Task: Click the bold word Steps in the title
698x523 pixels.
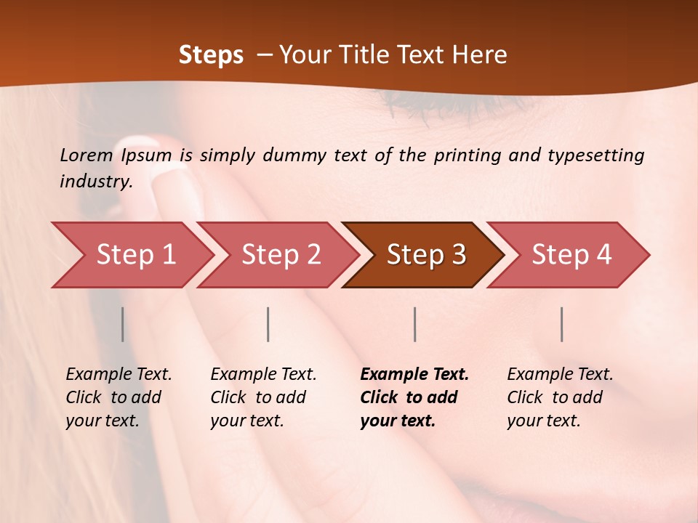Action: pos(211,55)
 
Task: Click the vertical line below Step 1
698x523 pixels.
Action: pos(123,324)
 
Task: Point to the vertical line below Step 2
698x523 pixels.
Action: pos(268,324)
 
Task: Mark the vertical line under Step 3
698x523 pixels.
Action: pos(415,324)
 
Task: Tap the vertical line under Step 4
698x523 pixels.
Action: pos(562,324)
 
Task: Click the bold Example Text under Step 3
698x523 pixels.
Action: pos(414,397)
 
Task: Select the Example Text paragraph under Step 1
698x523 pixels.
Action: pos(119,397)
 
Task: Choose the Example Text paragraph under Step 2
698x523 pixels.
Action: pos(263,397)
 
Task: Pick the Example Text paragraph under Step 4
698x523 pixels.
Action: pos(560,397)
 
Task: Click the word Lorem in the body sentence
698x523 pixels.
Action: pos(87,155)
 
